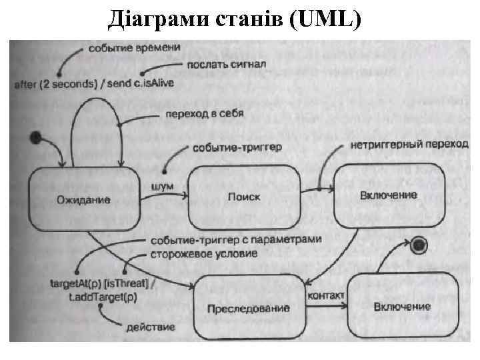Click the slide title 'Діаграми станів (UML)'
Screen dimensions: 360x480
(235, 21)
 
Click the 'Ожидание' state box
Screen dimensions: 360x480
(83, 198)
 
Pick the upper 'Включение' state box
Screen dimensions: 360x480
(388, 195)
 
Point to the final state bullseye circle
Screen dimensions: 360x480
(419, 245)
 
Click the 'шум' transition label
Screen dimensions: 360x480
(163, 186)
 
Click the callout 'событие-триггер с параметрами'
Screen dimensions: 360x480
(235, 239)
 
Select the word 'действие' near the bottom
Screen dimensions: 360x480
(151, 327)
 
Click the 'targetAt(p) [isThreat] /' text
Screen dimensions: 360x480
(104, 284)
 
